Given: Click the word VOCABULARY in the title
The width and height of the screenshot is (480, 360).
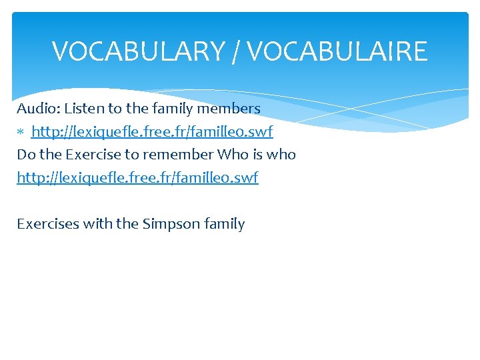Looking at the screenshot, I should pos(139,51).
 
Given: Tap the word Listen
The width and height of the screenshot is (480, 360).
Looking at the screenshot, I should pos(84,108).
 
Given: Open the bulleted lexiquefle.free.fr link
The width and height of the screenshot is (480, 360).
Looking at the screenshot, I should pos(152,131).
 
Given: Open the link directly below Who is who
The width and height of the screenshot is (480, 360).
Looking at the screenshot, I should pos(137,178).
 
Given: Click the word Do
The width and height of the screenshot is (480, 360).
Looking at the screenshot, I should pos(26,155).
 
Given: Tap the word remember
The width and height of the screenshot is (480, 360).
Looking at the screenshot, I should pos(177,155).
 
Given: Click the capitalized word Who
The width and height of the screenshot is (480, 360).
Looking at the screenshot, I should pos(233,155).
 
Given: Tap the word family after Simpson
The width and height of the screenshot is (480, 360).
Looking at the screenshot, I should pos(226,225).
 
